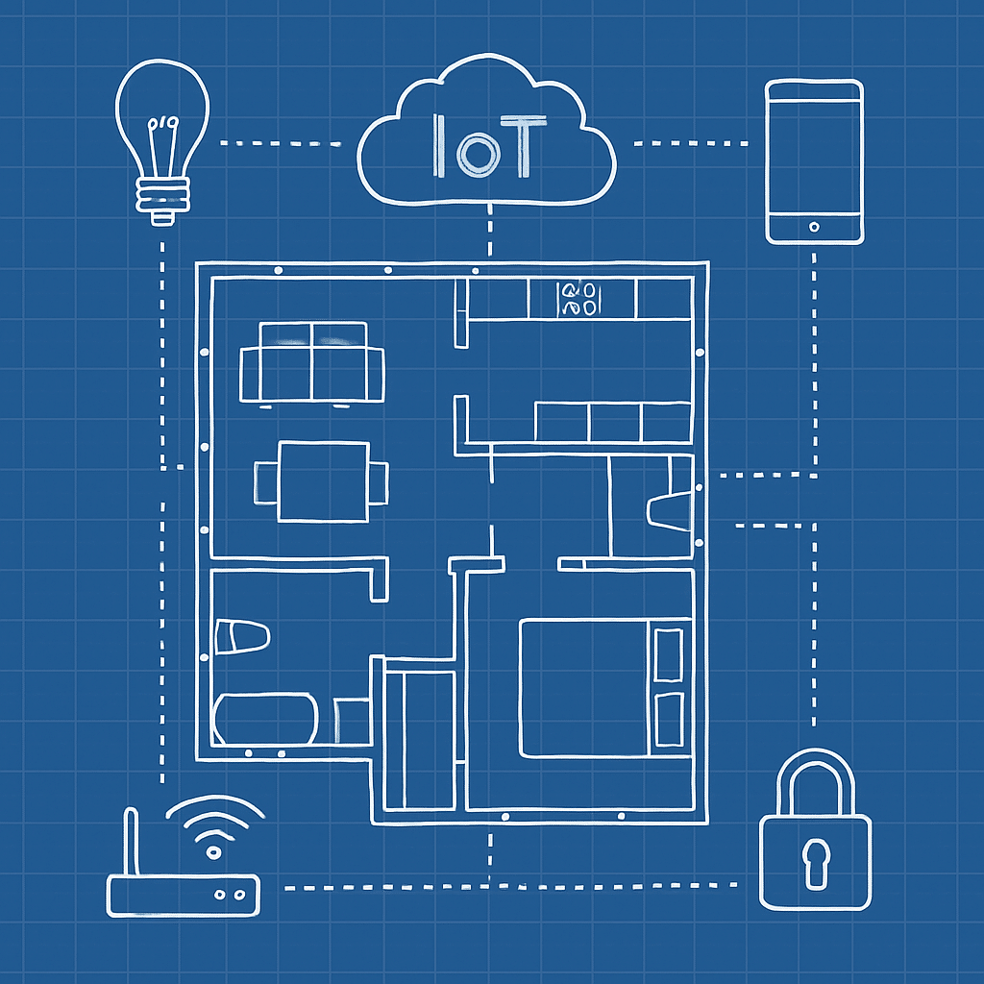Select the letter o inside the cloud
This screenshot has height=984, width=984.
475,155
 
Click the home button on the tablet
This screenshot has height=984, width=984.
814,227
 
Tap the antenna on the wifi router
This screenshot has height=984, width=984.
131,842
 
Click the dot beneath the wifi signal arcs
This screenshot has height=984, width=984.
214,852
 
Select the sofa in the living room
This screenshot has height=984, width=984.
312,362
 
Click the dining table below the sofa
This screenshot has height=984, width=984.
323,481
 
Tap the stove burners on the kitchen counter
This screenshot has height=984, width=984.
578,299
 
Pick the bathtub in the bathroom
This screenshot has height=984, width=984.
265,719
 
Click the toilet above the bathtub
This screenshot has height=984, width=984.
242,637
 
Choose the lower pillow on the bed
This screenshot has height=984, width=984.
669,720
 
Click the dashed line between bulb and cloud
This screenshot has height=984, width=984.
281,143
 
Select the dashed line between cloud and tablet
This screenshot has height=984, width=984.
691,143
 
